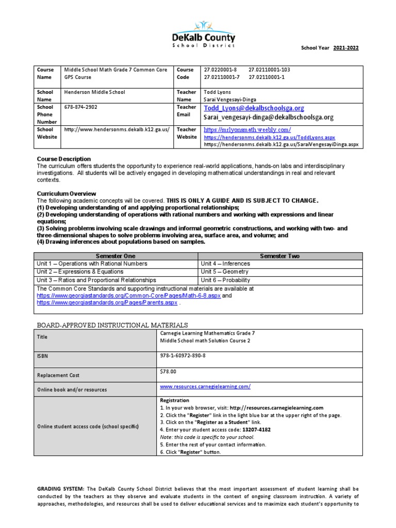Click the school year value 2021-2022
pos(345,48)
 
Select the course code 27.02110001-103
pos(269,70)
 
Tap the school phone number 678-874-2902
pos(80,107)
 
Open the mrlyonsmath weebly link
pos(247,129)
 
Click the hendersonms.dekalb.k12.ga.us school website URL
pos(117,129)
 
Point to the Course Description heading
pos(63,159)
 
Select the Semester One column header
pos(115,256)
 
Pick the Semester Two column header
pos(280,256)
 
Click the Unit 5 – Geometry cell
pos(225,271)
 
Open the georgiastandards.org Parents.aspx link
pos(107,303)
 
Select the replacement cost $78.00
pos(169,371)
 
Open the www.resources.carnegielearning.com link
pos(205,386)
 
